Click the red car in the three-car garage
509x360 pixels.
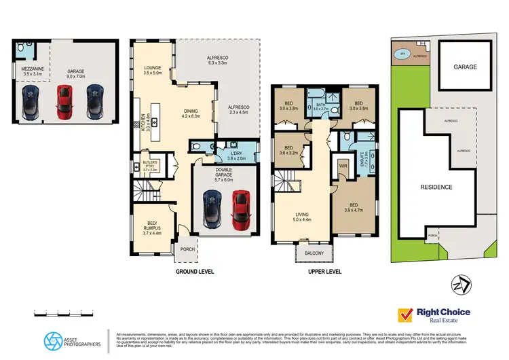(63, 101)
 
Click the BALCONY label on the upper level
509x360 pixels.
(314, 254)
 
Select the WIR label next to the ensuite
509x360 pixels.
(343, 165)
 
